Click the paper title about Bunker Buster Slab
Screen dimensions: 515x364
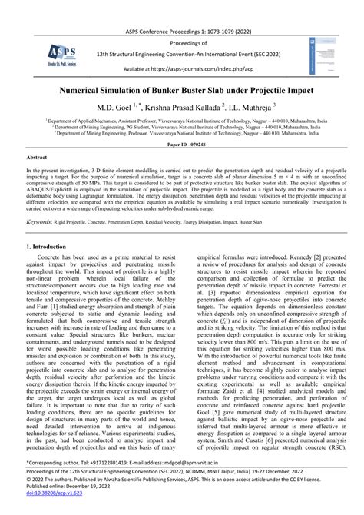[182, 90]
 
